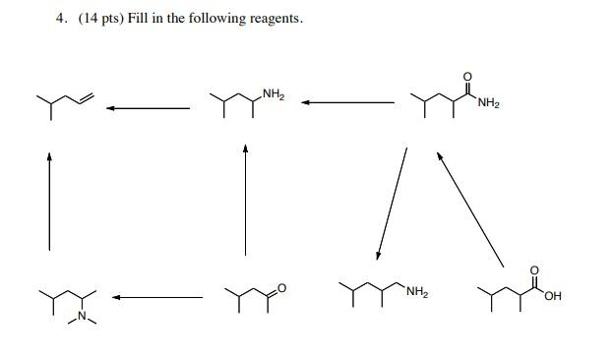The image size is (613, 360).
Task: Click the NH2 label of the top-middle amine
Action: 274,94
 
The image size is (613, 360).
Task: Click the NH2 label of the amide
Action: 489,104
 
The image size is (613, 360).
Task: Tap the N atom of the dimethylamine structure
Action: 84,315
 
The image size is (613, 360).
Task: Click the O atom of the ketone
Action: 280,287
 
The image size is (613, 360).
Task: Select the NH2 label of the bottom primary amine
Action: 415,292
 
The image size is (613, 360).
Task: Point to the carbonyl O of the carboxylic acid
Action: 535,269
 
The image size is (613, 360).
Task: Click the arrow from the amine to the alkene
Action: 148,107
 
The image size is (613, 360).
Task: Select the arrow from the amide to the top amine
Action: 348,101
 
